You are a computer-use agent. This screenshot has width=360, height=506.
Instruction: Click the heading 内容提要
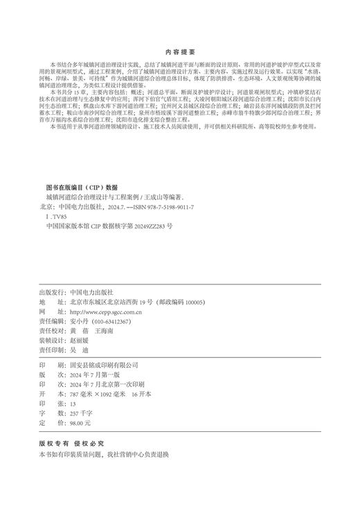pos(179,52)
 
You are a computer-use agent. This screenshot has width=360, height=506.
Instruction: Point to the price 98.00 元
pos(80,422)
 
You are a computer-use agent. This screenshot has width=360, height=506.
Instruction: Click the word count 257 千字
pos(82,413)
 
